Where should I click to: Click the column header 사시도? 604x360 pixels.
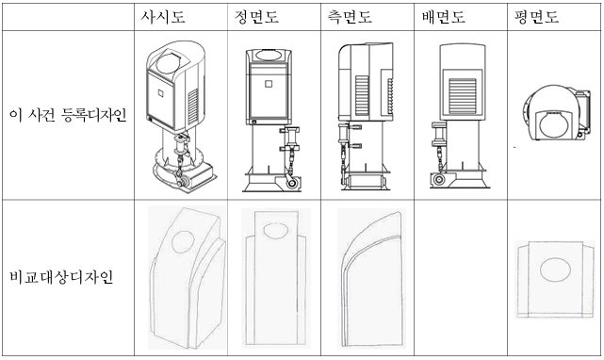[x=163, y=17]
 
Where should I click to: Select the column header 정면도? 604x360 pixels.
[x=256, y=17]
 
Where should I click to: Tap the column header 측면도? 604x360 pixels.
[x=350, y=17]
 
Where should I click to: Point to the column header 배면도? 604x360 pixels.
[x=444, y=17]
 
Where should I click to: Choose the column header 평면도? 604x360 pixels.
[x=536, y=17]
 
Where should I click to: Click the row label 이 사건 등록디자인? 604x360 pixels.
[x=68, y=115]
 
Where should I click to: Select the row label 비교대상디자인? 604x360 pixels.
[x=61, y=277]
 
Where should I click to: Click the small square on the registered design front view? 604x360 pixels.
[x=269, y=83]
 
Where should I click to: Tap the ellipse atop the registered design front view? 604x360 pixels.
[x=269, y=55]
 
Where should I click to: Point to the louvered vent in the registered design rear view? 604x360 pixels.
[x=463, y=96]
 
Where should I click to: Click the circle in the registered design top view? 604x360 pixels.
[x=552, y=126]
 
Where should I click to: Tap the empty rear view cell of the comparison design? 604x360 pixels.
[x=461, y=277]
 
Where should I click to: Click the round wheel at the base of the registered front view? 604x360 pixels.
[x=291, y=183]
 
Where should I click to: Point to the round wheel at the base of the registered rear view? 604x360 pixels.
[x=437, y=180]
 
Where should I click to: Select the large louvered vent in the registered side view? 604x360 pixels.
[x=362, y=95]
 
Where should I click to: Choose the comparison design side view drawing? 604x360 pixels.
[x=371, y=278]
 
